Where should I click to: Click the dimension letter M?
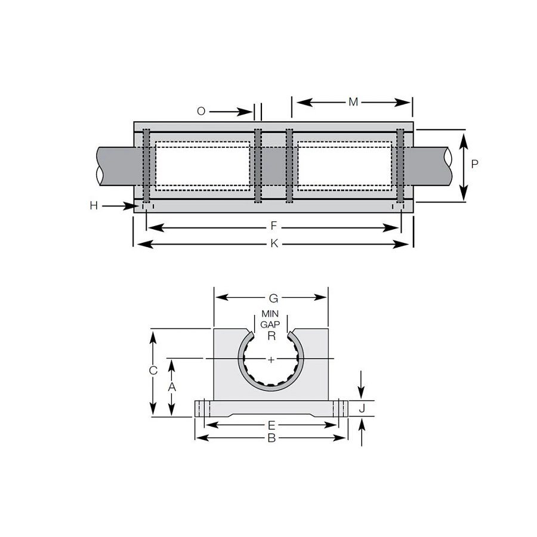click(x=353, y=102)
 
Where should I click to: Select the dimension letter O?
click(x=201, y=112)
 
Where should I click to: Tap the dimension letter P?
click(x=474, y=164)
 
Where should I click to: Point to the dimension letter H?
click(x=94, y=205)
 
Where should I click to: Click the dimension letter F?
click(x=274, y=226)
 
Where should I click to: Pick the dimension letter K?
click(x=274, y=243)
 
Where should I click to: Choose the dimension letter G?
click(x=273, y=299)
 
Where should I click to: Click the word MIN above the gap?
click(x=270, y=314)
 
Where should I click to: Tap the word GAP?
click(x=270, y=325)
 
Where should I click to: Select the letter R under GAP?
click(x=271, y=336)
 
